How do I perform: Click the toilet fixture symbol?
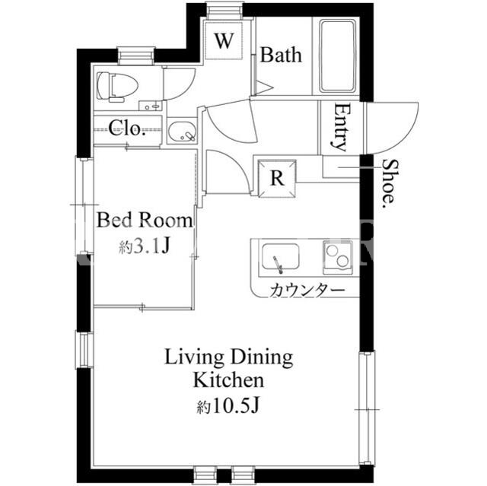(116, 87)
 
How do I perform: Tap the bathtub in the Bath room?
(337, 56)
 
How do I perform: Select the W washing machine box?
(224, 40)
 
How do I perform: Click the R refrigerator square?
(277, 178)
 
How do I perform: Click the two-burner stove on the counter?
(338, 258)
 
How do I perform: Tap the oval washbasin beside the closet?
(183, 132)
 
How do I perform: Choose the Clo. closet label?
(127, 129)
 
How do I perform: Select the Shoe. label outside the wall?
(389, 185)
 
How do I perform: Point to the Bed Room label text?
(145, 221)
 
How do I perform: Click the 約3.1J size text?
(144, 246)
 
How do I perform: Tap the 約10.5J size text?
(228, 406)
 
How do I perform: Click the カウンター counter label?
(307, 291)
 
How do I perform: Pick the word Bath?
(281, 56)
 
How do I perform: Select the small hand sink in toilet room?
(151, 106)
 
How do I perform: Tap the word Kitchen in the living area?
(229, 380)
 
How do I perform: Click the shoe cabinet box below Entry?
(342, 167)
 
